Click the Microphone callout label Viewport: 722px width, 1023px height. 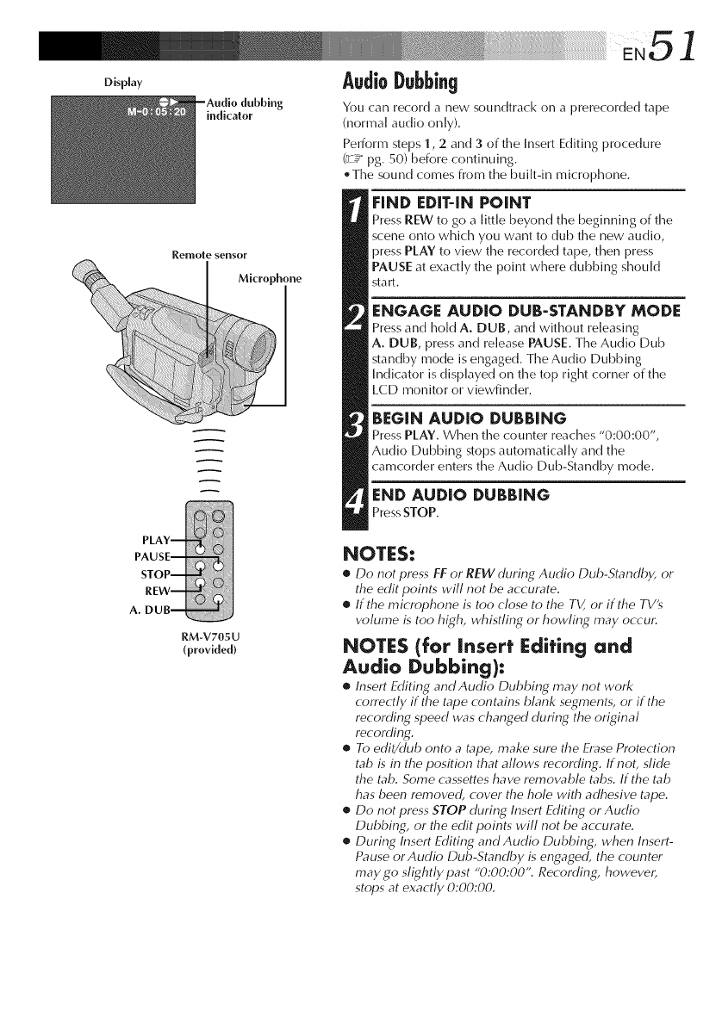point(270,278)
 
